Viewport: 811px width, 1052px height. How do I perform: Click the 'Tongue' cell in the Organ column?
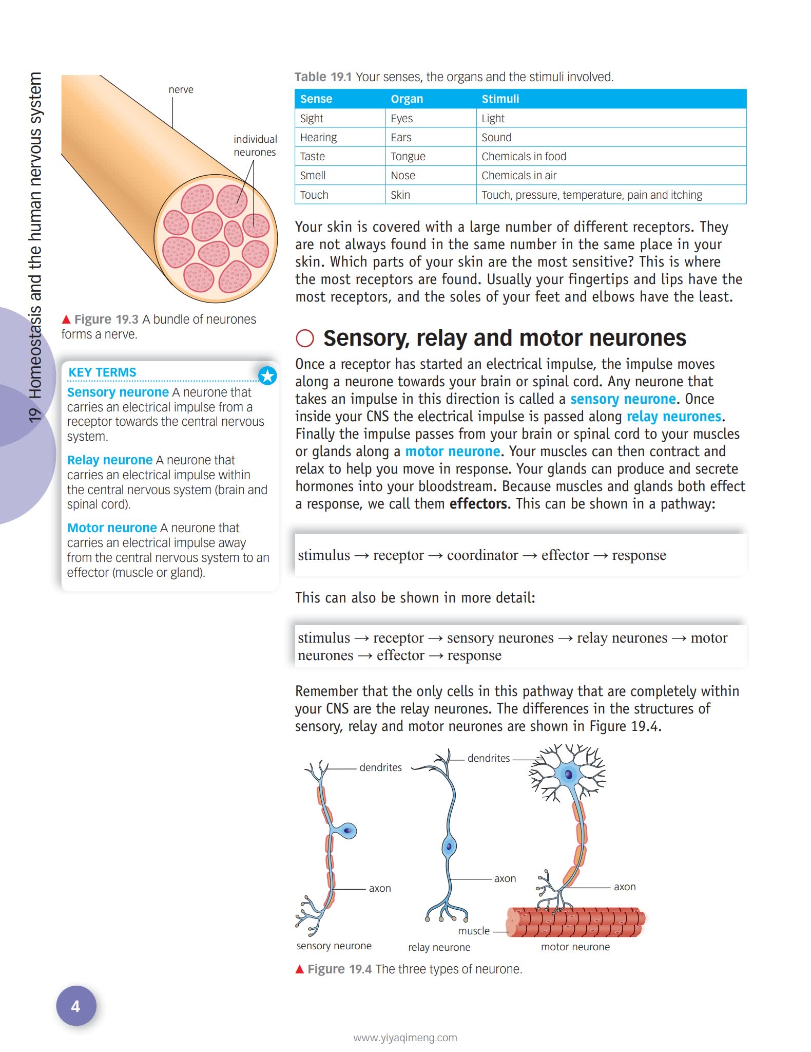pyautogui.click(x=408, y=156)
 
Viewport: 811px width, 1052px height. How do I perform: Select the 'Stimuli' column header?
pyautogui.click(x=500, y=99)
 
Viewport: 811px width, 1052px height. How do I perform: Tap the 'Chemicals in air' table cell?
pyautogui.click(x=519, y=175)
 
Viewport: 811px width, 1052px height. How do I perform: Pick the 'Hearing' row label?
pyautogui.click(x=318, y=137)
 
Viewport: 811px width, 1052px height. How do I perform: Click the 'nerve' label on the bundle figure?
pyautogui.click(x=181, y=89)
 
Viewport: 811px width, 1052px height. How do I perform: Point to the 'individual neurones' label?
pyautogui.click(x=255, y=145)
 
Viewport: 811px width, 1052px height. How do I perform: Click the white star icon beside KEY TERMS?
pyautogui.click(x=267, y=376)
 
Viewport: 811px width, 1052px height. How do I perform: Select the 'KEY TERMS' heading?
pyautogui.click(x=102, y=372)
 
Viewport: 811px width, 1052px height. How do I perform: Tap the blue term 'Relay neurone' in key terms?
pyautogui.click(x=110, y=460)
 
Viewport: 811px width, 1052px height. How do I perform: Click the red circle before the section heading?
pyautogui.click(x=305, y=339)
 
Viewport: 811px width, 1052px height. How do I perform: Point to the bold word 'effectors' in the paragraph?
pyautogui.click(x=478, y=503)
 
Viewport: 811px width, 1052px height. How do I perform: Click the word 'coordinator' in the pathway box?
pyautogui.click(x=482, y=555)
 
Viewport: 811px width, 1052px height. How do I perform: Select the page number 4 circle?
pyautogui.click(x=75, y=1006)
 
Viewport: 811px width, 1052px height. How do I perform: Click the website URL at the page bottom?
pyautogui.click(x=405, y=1037)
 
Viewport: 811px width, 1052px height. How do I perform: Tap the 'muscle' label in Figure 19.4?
pyautogui.click(x=473, y=931)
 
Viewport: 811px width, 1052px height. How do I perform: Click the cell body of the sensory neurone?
pyautogui.click(x=347, y=831)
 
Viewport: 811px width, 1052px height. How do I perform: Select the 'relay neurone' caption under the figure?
pyautogui.click(x=439, y=947)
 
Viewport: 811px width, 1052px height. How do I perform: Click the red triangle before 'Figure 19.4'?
pyautogui.click(x=300, y=969)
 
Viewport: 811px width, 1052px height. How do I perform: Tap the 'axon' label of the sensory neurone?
pyautogui.click(x=380, y=888)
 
